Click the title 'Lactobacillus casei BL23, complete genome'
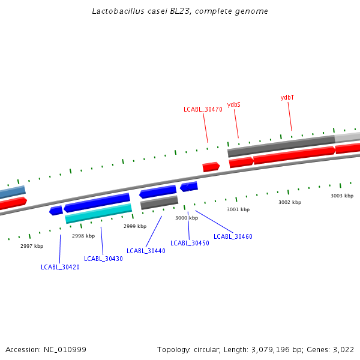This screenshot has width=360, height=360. click(180, 11)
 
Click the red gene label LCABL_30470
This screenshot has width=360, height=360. click(203, 109)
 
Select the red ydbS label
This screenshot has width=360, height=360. click(233, 104)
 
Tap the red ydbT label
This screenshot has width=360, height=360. click(287, 97)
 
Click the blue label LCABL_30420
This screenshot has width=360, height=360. click(60, 267)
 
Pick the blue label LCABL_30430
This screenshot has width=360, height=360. click(103, 259)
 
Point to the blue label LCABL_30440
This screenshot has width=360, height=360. click(146, 251)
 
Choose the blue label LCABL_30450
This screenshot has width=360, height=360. click(190, 243)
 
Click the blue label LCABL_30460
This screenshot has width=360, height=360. click(233, 236)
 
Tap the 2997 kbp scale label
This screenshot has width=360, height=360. click(32, 246)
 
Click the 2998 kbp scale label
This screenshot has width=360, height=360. click(83, 236)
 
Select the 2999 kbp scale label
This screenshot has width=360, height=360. click(135, 226)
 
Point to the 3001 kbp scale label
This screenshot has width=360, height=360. click(238, 209)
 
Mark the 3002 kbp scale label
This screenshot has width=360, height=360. click(290, 202)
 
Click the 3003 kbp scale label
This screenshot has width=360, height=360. click(342, 196)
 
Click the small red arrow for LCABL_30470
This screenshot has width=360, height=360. click(211, 167)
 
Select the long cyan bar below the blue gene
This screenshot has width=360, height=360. click(98, 213)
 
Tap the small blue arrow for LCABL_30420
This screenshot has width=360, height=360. click(56, 211)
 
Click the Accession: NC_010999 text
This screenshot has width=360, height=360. click(46, 349)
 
